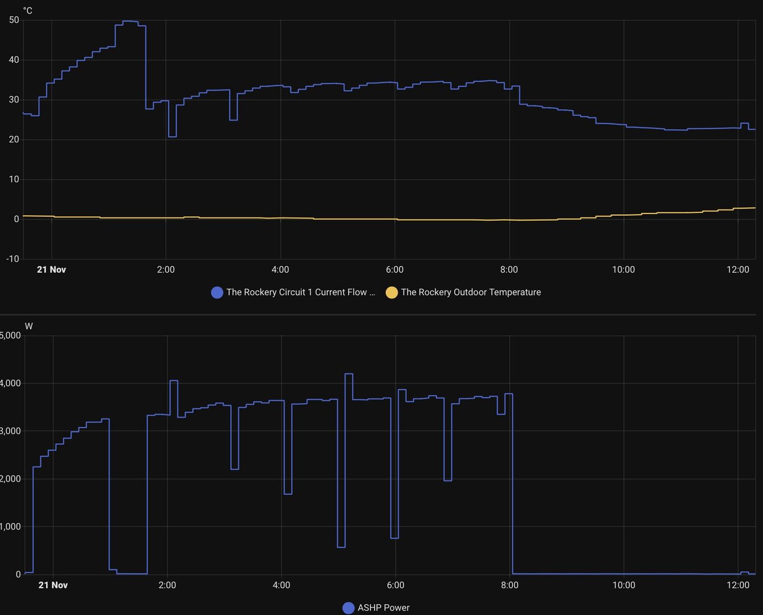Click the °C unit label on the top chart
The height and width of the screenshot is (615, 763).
point(27,11)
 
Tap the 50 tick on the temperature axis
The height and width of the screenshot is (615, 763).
point(14,20)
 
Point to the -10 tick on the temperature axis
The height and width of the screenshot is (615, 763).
point(13,259)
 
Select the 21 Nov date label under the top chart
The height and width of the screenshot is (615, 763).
point(51,270)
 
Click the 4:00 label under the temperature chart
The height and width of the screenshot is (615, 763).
point(280,270)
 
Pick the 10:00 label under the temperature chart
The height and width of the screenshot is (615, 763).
point(623,270)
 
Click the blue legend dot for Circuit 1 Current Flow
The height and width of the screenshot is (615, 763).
point(217,293)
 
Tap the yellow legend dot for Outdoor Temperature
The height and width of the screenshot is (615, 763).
point(391,293)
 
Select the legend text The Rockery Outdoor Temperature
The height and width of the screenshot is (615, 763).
point(471,293)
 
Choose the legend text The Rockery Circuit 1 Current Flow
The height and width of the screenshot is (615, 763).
point(300,293)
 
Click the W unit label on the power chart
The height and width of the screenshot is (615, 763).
point(28,326)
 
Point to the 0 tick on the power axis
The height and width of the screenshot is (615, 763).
point(18,575)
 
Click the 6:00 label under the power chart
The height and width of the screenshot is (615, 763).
point(395,585)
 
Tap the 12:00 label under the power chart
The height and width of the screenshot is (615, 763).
point(738,585)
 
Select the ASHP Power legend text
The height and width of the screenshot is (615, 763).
point(383,608)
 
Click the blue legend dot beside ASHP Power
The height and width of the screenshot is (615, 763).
point(348,608)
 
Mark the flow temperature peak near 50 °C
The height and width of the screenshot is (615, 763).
point(130,21)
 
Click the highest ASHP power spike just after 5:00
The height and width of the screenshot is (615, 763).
point(349,374)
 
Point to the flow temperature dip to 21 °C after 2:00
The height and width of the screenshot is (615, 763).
point(172,137)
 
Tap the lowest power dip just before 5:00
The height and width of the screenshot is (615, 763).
point(341,547)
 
